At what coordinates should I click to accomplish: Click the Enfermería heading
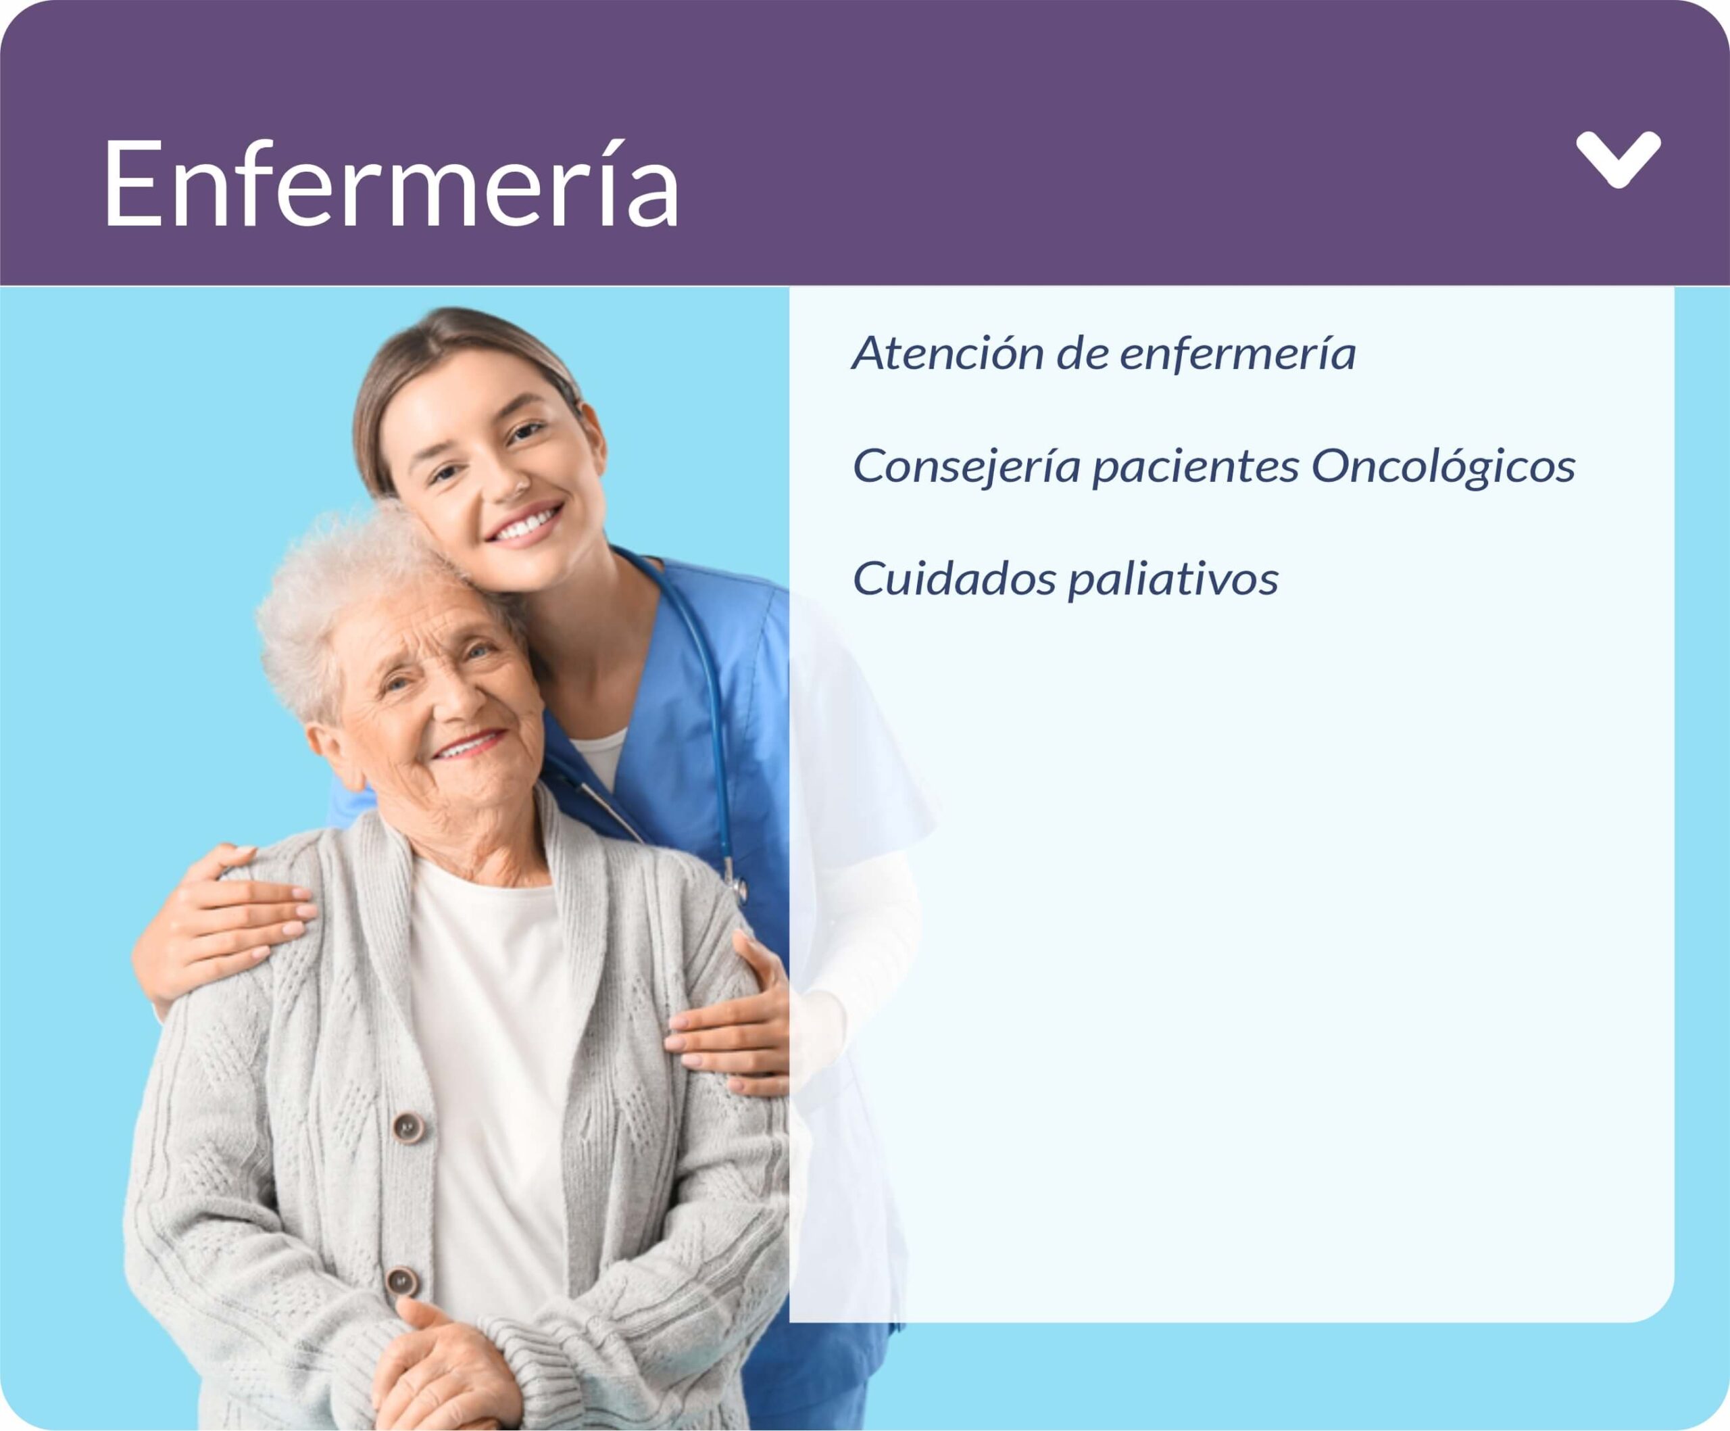point(391,183)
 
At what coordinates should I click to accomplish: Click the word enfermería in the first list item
point(1237,354)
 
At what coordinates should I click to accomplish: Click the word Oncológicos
point(1443,466)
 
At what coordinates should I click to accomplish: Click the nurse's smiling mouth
point(525,523)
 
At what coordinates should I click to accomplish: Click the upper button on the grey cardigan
point(409,1127)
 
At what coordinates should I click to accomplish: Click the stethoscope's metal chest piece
point(736,888)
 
